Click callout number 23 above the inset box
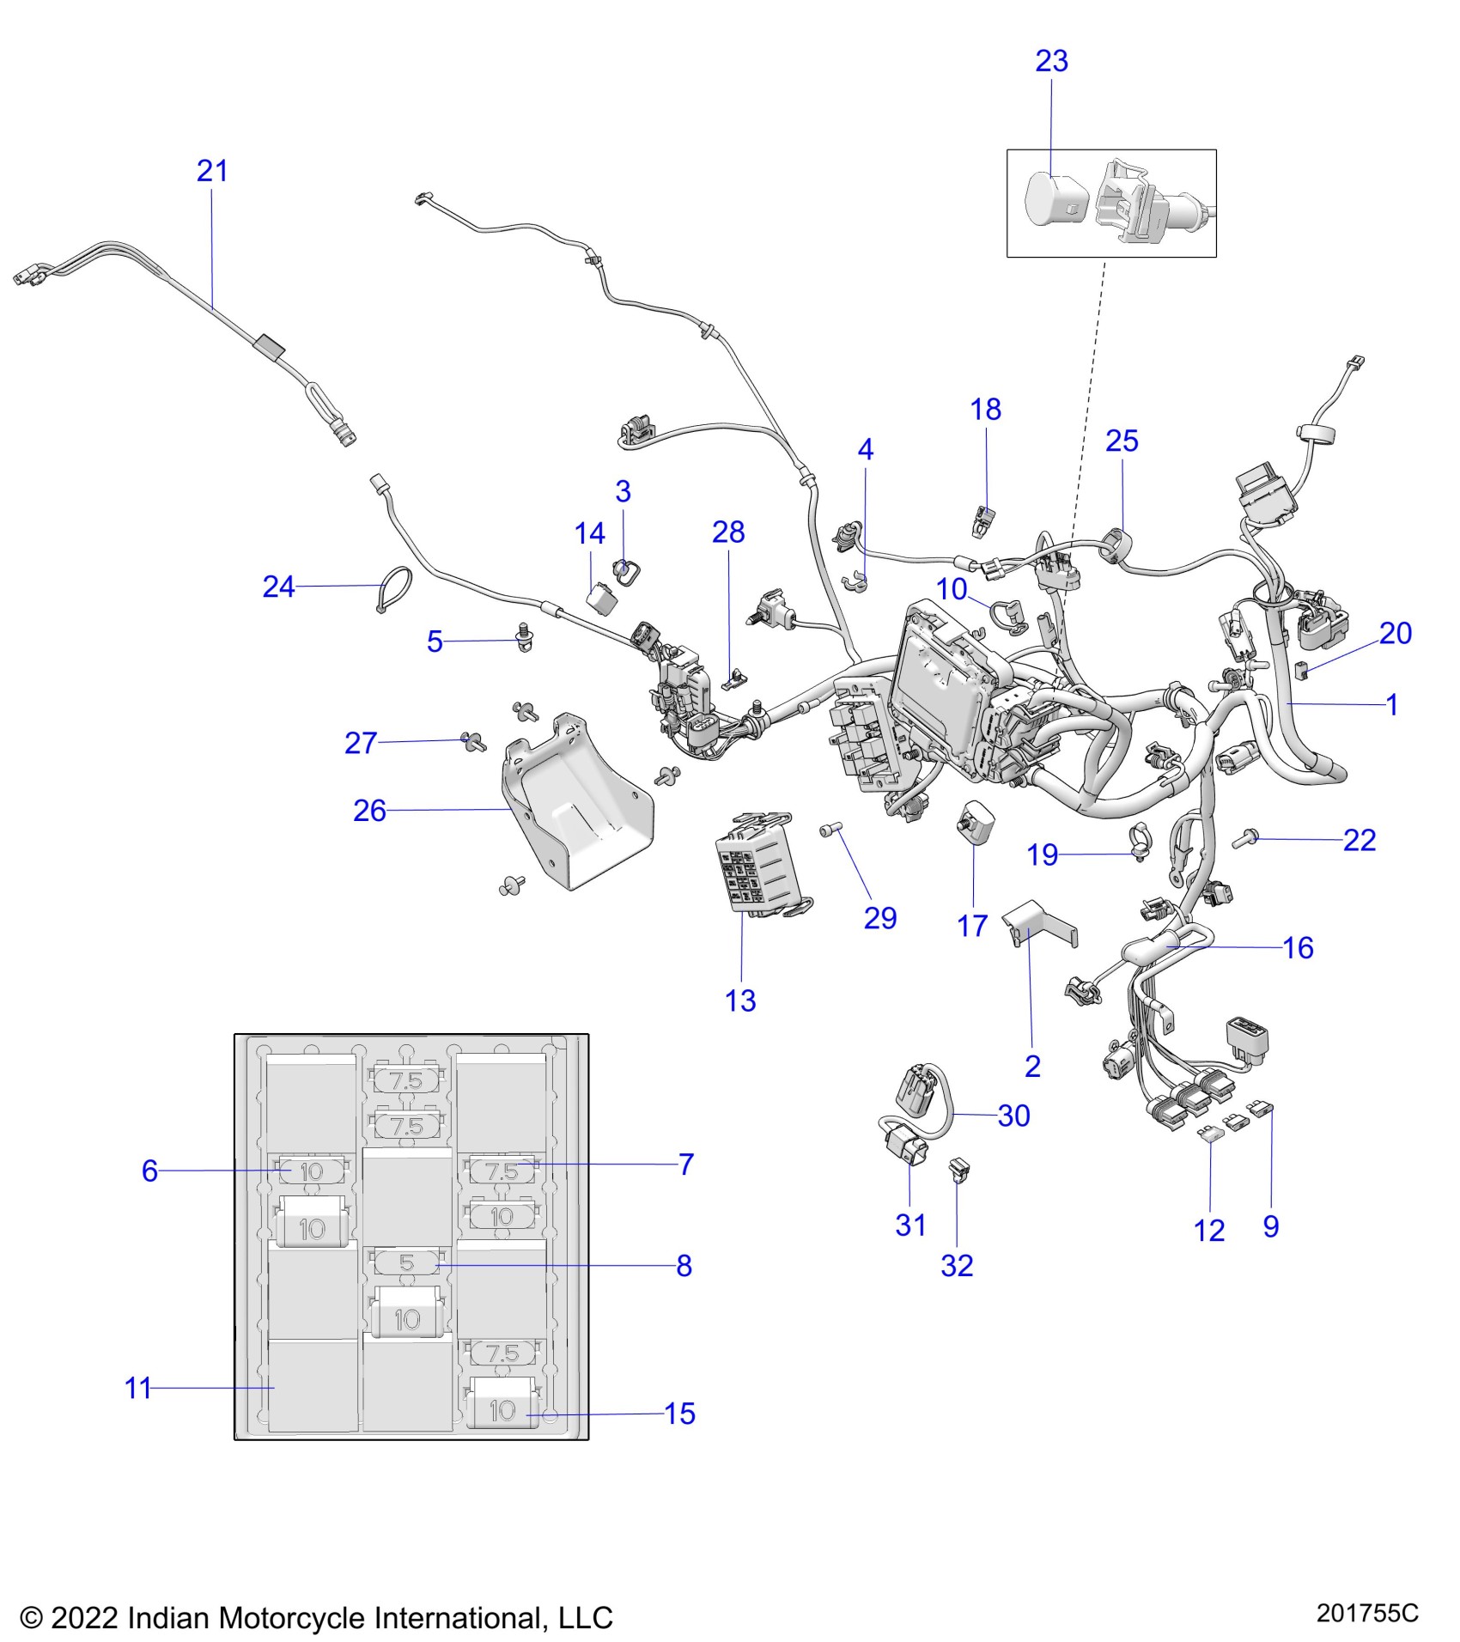point(1051,61)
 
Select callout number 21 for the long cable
point(212,171)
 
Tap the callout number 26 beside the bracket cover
point(369,811)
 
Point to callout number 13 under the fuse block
point(740,1000)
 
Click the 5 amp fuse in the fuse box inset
point(407,1262)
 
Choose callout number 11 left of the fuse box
point(137,1389)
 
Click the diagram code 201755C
point(1367,1614)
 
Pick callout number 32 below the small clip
point(957,1266)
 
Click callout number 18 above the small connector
point(986,410)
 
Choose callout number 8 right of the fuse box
point(684,1266)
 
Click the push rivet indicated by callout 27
point(471,740)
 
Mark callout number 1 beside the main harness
point(1392,705)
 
